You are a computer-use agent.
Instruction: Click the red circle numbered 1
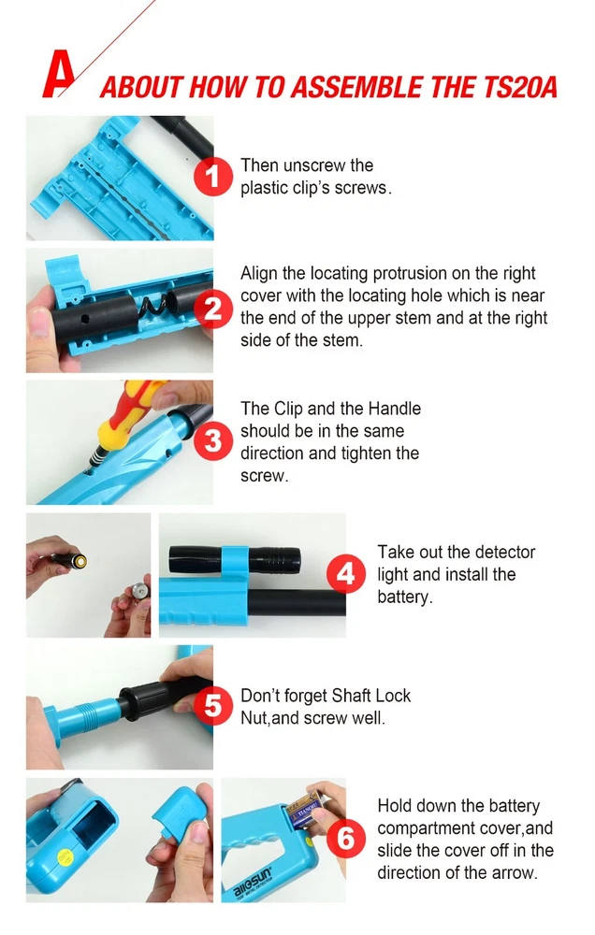(x=213, y=177)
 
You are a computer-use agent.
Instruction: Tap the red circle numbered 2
(x=213, y=309)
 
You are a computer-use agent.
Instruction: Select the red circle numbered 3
(x=213, y=440)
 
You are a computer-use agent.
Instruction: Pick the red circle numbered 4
(x=346, y=574)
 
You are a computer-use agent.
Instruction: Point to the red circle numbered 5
(x=213, y=706)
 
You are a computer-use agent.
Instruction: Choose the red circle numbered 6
(x=346, y=839)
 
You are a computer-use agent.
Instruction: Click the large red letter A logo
(x=59, y=74)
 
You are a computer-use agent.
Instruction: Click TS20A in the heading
(x=518, y=87)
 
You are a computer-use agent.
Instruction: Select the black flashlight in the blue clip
(x=235, y=559)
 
